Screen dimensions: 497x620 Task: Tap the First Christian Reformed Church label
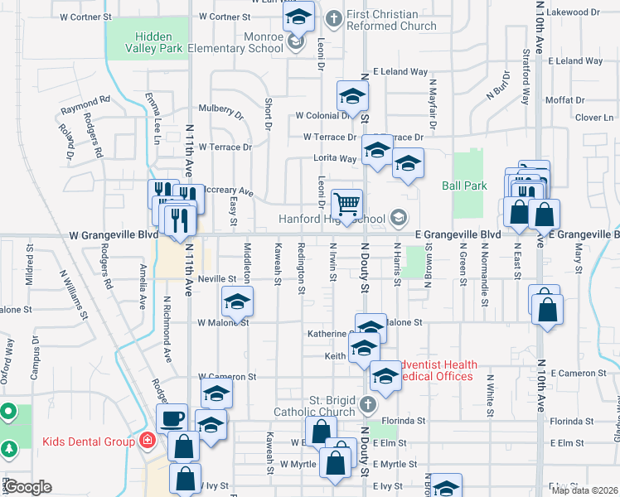391,20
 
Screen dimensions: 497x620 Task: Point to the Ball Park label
464,186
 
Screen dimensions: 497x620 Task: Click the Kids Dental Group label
88,442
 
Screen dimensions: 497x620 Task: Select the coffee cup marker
172,418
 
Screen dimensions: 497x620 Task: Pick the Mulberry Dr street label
220,109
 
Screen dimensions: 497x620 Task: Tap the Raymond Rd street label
85,104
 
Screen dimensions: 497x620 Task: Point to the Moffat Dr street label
565,100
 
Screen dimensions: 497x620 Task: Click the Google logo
28,487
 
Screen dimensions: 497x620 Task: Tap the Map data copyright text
584,490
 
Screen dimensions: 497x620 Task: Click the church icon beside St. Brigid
368,405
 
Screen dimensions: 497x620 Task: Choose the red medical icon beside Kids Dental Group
148,441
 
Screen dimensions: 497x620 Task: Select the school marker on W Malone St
237,303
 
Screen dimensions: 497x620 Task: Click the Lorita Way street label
335,158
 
